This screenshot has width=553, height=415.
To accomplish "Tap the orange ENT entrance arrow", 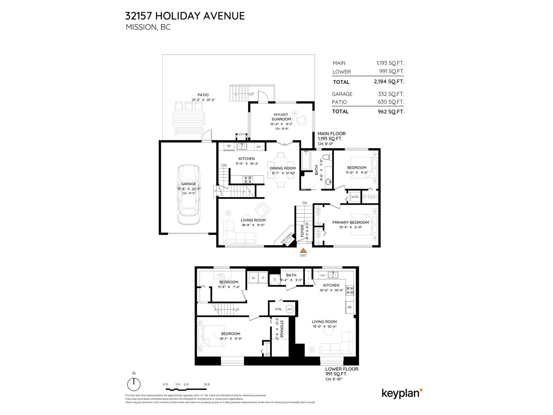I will coord(303,251).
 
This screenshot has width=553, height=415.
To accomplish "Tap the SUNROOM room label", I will coord(281,119).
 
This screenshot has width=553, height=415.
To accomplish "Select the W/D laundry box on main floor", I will coord(355,197).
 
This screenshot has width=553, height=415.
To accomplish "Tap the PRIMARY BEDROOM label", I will coord(350,222).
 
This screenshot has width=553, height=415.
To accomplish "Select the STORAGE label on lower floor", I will coord(282,329).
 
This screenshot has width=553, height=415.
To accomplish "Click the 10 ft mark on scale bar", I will coord(207,385).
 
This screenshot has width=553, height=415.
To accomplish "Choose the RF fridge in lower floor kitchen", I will coord(349,307).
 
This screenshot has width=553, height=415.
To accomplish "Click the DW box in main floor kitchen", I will coord(259,147).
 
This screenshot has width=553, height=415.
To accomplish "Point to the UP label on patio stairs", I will coord(251,94).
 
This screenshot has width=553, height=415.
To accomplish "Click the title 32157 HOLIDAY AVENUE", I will coord(185,16).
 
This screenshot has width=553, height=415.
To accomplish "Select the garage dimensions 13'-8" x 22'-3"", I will coord(189,189).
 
